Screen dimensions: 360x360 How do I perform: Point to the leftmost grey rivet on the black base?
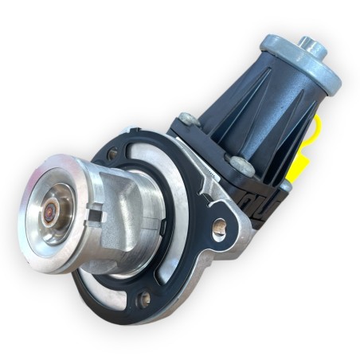tap(188, 119)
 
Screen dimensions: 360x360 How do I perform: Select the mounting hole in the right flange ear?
tap(219, 228)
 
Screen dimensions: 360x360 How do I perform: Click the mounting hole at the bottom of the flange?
tap(145, 299)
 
